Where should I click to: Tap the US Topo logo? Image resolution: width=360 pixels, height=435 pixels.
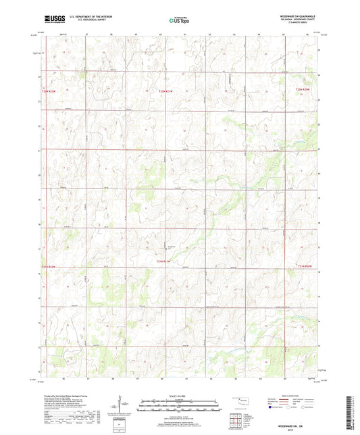pos(179,20)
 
